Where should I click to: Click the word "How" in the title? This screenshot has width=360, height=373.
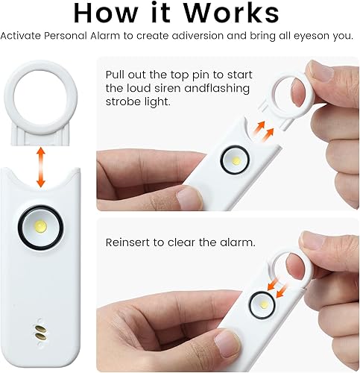click(x=105, y=14)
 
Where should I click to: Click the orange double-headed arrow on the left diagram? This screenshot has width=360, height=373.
click(x=40, y=166)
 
